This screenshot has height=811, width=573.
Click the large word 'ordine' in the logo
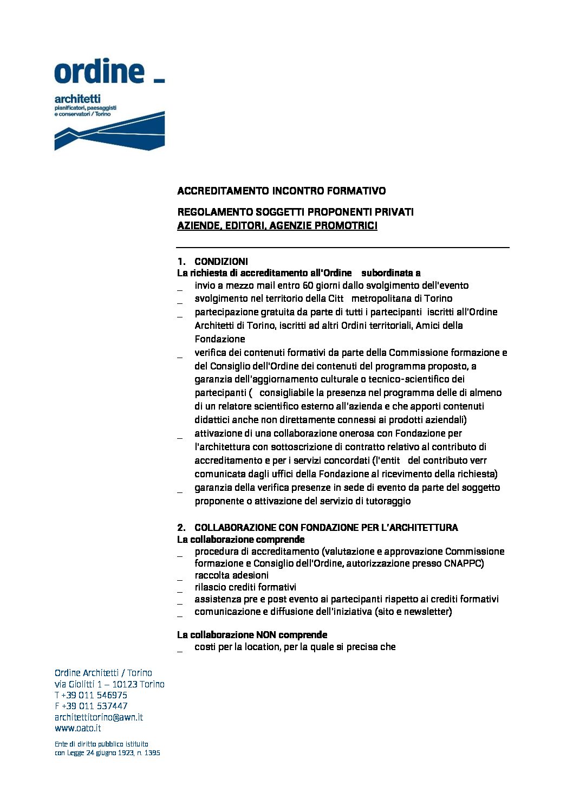pos(99,72)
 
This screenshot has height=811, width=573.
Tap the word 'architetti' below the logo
pos(77,99)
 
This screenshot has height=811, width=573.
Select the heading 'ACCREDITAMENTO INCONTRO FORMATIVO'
pos(281,191)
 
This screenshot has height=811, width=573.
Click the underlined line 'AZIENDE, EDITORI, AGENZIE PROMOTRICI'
pos(277,226)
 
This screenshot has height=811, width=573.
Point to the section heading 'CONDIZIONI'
pos(221,261)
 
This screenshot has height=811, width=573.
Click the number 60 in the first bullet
pos(308,286)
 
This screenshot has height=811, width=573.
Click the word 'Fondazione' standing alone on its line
pos(220,339)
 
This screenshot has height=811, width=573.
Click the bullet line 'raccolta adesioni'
pos(231,575)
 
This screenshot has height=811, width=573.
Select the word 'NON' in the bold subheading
pos(266,634)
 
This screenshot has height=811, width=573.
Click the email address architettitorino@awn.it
pos(99,717)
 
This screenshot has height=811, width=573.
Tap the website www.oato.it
pos(78,728)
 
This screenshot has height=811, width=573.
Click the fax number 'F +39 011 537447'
pos(91,706)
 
